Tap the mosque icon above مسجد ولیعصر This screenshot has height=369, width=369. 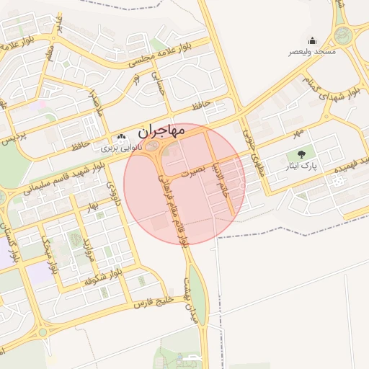pyautogui.click(x=312, y=41)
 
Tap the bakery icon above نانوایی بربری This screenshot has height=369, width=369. pyautogui.click(x=122, y=135)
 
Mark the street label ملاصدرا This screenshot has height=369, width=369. pyautogui.click(x=95, y=109)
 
